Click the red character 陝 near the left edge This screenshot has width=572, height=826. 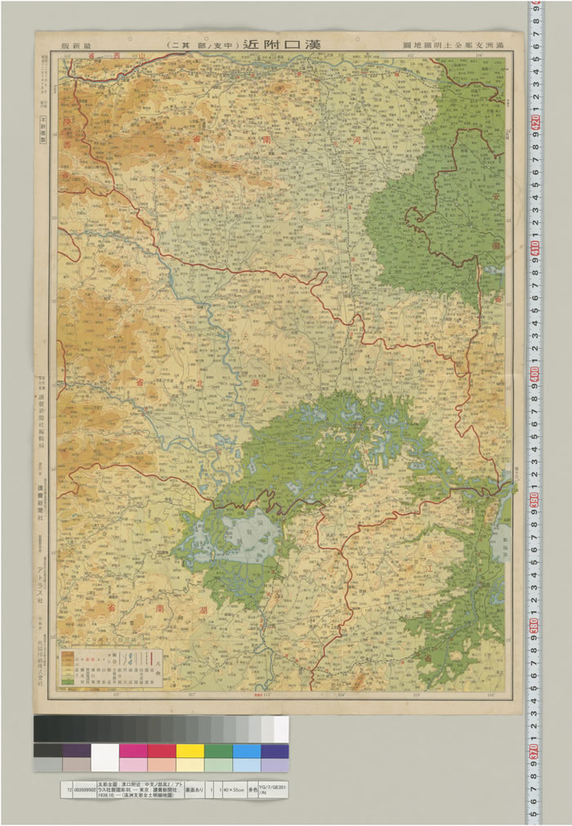67,141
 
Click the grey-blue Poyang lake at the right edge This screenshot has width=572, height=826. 500,542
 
